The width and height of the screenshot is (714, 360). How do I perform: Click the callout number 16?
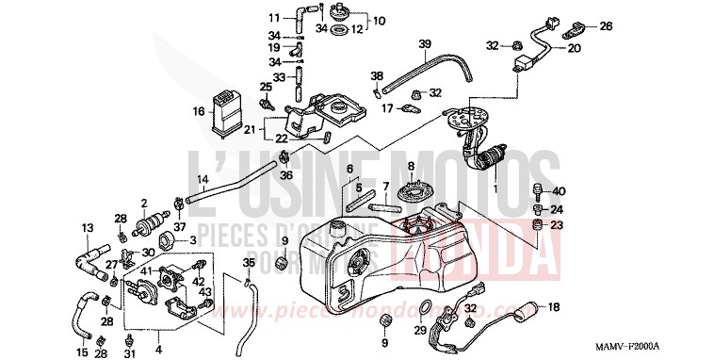click(199, 111)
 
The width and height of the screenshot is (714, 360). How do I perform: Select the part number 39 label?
click(425, 44)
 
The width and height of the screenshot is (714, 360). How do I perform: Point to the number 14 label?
click(202, 179)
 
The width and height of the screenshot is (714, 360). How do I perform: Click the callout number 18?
click(554, 307)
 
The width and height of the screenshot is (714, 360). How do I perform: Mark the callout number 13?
click(88, 228)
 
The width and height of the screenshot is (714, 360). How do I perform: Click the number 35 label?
click(249, 262)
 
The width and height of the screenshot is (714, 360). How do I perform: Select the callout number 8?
click(411, 166)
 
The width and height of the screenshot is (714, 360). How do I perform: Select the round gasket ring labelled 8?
click(412, 193)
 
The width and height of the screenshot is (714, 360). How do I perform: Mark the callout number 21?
click(250, 129)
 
